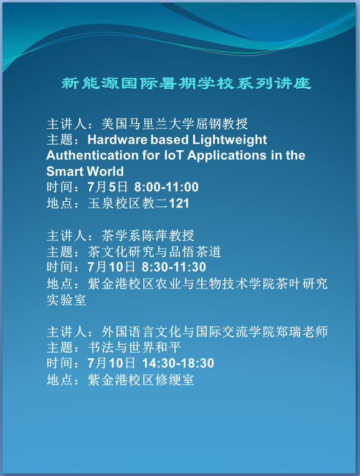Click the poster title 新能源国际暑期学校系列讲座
tap(186, 83)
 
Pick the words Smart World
tap(85, 171)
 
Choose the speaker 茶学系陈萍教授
tap(141, 236)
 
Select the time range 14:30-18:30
tap(178, 363)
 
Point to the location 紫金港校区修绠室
tap(141, 379)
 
